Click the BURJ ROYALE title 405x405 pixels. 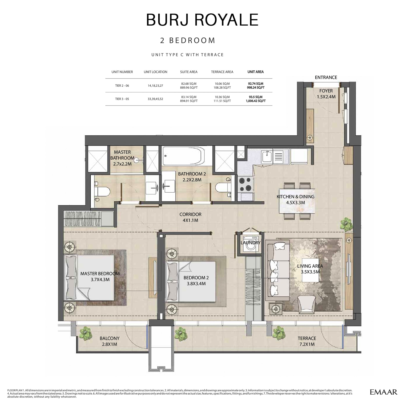click(202, 20)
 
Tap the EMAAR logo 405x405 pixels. click(383, 392)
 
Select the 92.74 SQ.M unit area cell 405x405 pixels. click(255, 86)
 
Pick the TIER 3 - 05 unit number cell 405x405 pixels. click(122, 99)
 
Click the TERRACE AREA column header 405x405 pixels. click(222, 72)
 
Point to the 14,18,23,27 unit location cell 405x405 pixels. click(155, 86)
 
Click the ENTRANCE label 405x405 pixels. click(326, 77)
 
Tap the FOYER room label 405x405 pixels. click(326, 94)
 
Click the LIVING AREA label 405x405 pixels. click(310, 269)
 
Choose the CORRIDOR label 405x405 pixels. click(190, 217)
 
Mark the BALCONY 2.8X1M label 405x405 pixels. click(110, 341)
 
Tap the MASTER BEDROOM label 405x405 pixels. click(100, 276)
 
